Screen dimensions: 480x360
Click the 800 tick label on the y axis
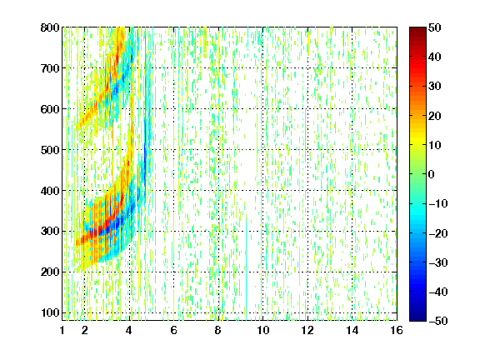(x=50, y=27)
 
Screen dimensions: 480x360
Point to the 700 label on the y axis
(x=50, y=68)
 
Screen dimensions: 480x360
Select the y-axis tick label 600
(x=50, y=109)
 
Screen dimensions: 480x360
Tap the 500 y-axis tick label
(x=50, y=150)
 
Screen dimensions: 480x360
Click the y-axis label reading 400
(x=50, y=191)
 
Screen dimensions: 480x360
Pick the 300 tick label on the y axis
(x=50, y=232)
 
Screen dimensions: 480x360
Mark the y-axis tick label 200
(x=50, y=272)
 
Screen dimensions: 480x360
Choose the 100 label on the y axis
(x=50, y=312)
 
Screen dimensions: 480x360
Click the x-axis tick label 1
(x=62, y=330)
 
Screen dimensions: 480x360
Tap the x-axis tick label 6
(x=174, y=330)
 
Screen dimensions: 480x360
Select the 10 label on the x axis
(x=262, y=330)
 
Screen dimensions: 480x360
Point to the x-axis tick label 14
(x=352, y=330)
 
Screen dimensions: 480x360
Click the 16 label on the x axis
(x=397, y=330)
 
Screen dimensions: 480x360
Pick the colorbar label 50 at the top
(x=435, y=27)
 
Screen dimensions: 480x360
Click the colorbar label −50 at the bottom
(x=438, y=321)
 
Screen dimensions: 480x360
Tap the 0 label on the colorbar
(x=432, y=174)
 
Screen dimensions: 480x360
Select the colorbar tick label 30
(x=435, y=87)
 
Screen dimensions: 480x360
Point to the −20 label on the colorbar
(x=438, y=233)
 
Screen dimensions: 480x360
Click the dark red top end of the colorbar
(x=417, y=29)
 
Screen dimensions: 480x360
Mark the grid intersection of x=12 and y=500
(x=307, y=150)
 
